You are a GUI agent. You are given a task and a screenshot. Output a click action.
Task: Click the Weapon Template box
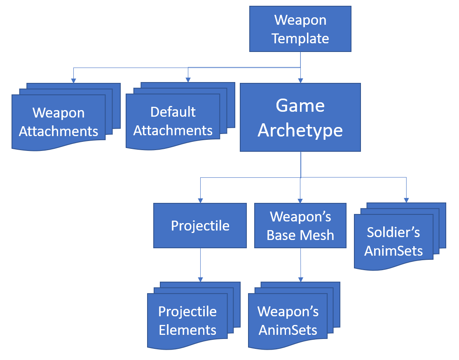coord(300,29)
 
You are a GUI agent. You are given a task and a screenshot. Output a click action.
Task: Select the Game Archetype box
coord(300,118)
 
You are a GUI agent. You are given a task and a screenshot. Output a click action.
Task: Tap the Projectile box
coord(200,226)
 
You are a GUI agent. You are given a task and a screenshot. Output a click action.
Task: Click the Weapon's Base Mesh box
coord(300,226)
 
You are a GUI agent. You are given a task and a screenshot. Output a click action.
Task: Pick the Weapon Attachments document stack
coord(59,122)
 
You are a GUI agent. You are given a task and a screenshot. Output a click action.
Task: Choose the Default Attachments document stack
coord(173,121)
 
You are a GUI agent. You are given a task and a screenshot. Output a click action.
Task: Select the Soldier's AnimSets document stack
coord(393,241)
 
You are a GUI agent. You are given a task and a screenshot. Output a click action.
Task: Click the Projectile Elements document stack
coord(188,320)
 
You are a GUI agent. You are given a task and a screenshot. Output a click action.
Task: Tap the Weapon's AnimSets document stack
coord(288,320)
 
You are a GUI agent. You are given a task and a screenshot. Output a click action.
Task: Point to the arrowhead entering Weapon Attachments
coord(73,80)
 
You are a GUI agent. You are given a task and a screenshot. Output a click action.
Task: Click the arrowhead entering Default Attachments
coord(188,80)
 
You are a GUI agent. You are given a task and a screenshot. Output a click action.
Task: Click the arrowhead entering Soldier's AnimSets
coord(406,200)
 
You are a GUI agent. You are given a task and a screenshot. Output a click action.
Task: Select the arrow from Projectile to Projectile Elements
coord(200,264)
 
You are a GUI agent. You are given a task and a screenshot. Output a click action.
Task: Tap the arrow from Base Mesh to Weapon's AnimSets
coord(300,264)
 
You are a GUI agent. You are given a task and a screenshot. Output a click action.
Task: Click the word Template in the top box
coord(300,38)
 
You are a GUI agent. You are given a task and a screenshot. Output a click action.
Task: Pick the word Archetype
coord(300,130)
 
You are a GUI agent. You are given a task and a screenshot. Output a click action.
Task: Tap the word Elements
coord(188,330)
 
